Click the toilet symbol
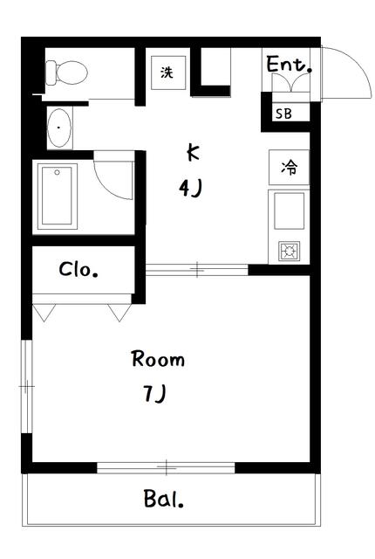click(x=67, y=72)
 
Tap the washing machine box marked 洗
click(x=168, y=72)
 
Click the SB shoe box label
click(x=284, y=114)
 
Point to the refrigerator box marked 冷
click(x=289, y=167)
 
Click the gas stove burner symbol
click(x=289, y=251)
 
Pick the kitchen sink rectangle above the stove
click(x=289, y=210)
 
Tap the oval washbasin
click(x=59, y=128)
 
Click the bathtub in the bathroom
click(x=57, y=196)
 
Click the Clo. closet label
click(x=78, y=270)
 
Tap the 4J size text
click(x=191, y=188)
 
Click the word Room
click(x=158, y=359)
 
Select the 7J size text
click(x=155, y=394)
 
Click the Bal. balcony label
click(x=164, y=499)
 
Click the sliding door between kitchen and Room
click(x=197, y=270)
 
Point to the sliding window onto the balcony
click(x=166, y=467)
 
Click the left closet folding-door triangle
click(x=44, y=313)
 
